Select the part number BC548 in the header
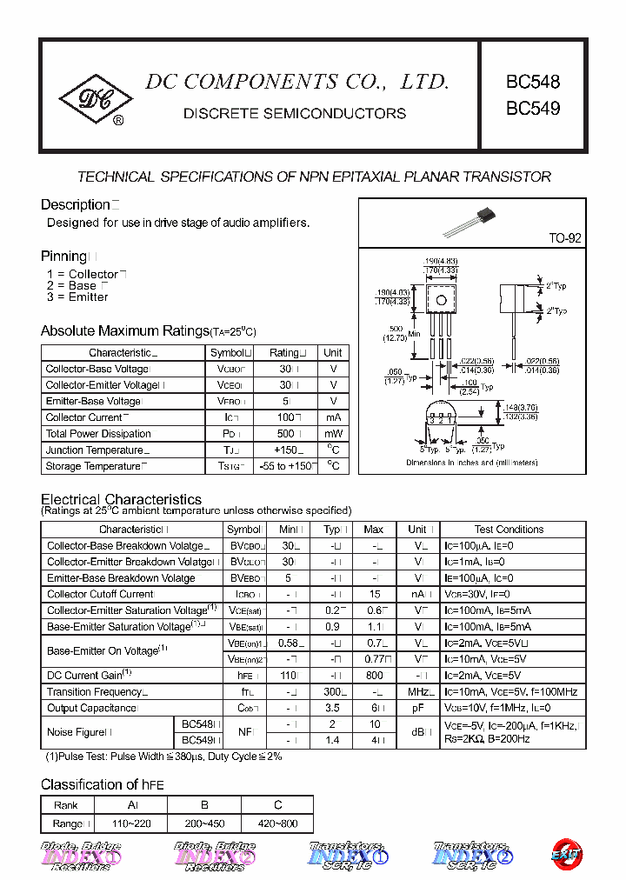click(x=533, y=83)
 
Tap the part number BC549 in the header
click(x=533, y=110)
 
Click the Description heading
click(x=75, y=205)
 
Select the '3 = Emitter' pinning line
click(x=77, y=297)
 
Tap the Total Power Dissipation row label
click(x=98, y=434)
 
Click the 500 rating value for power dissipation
click(x=283, y=434)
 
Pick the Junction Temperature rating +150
click(x=283, y=450)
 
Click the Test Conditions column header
click(x=509, y=530)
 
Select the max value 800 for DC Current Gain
click(x=374, y=676)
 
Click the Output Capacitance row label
click(x=91, y=709)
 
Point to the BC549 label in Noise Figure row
click(x=196, y=740)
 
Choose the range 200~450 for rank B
click(x=204, y=823)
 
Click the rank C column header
click(x=277, y=806)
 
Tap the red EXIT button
click(x=566, y=854)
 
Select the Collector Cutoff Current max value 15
click(x=374, y=595)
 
